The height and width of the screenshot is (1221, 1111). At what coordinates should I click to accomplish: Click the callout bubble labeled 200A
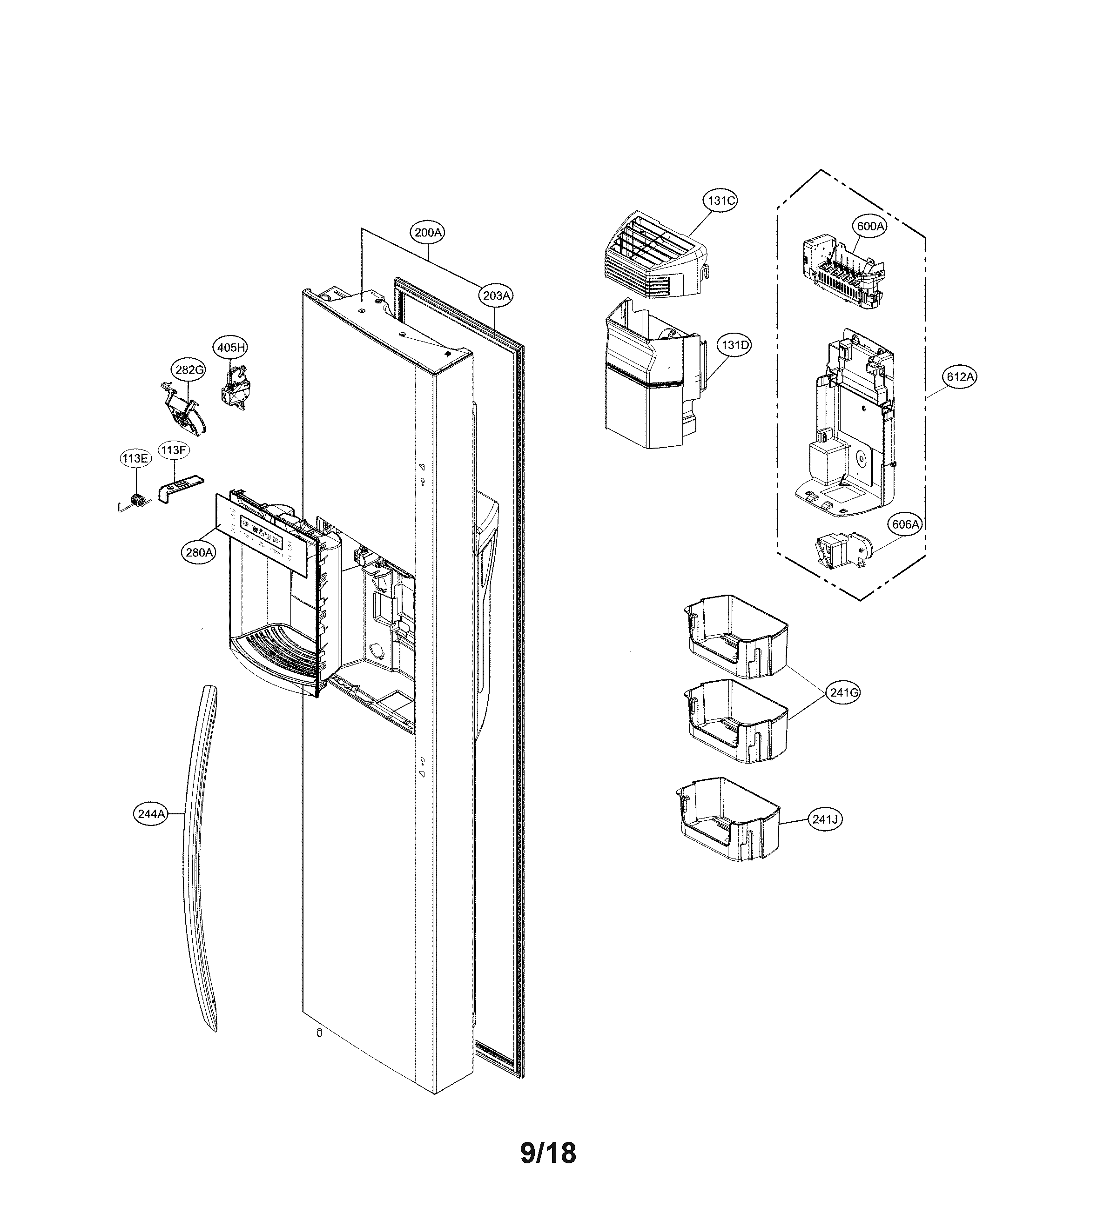428,233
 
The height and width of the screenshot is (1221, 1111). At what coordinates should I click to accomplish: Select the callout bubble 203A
496,295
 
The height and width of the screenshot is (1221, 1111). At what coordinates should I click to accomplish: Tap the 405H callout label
231,348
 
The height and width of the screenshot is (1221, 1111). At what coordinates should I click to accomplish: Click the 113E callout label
135,458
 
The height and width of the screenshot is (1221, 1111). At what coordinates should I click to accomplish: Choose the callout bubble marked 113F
173,450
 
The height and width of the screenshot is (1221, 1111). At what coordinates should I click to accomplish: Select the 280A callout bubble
199,552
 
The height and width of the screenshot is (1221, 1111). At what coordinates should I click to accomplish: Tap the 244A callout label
150,814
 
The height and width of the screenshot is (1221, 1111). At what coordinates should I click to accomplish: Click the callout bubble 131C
720,200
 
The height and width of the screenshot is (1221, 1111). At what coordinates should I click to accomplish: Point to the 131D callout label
734,345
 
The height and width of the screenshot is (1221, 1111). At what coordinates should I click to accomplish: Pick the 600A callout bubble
870,226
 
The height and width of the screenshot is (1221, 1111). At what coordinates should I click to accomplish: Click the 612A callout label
960,377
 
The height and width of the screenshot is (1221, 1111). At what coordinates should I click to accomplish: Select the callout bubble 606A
905,524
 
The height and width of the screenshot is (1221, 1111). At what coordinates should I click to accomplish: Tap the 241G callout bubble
844,692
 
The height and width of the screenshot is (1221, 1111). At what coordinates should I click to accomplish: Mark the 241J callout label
825,819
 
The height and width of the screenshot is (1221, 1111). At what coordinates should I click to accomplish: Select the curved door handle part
201,860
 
